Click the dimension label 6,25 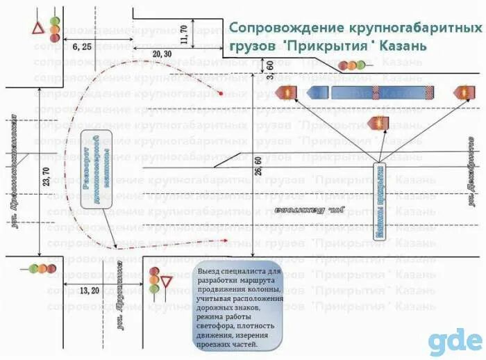[82, 47]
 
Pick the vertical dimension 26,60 [258, 170]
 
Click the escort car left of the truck [287, 92]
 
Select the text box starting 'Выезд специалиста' [239, 306]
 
